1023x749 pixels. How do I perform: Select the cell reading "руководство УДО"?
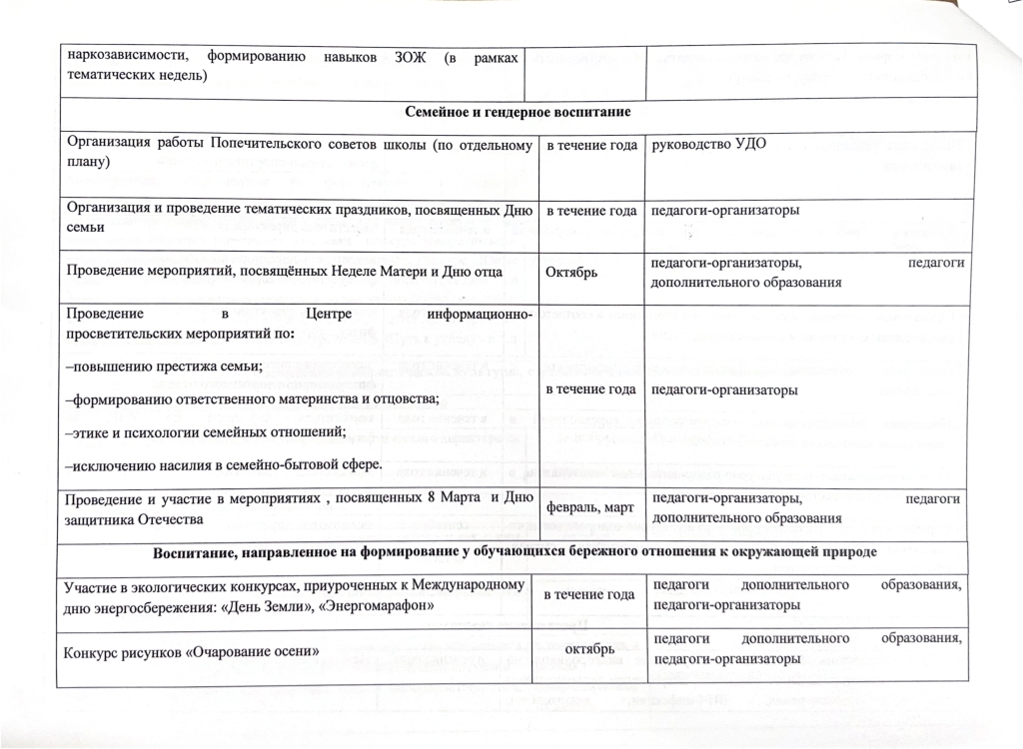click(708, 146)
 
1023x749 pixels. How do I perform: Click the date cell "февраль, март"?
click(589, 506)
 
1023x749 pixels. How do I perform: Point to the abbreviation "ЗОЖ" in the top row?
click(414, 58)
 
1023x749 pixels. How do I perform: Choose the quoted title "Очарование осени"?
click(254, 651)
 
